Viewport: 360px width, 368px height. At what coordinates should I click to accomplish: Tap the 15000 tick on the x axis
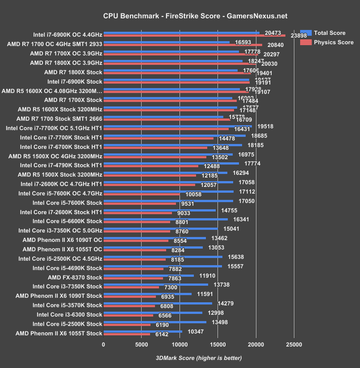pyautogui.click(x=218, y=345)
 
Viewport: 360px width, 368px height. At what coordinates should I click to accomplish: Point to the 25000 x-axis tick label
pyautogui.click(x=293, y=345)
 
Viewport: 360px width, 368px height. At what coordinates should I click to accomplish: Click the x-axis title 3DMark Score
pyautogui.click(x=198, y=358)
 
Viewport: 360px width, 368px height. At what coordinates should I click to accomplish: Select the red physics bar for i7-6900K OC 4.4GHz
pyautogui.click(x=194, y=35)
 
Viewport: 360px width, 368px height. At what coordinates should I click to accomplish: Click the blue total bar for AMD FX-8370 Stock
pyautogui.click(x=149, y=276)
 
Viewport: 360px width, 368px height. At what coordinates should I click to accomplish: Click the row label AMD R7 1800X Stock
pyautogui.click(x=73, y=72)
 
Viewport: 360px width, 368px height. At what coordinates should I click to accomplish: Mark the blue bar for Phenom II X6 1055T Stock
pyautogui.click(x=143, y=332)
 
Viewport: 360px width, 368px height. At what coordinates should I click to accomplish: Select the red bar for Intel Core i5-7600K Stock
pyautogui.click(x=140, y=203)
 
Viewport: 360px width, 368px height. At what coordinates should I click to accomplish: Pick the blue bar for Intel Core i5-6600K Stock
pyautogui.click(x=166, y=220)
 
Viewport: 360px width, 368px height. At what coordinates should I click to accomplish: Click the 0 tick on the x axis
pyautogui.click(x=104, y=345)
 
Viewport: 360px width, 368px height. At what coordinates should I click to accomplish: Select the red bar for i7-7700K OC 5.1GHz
pyautogui.click(x=166, y=129)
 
